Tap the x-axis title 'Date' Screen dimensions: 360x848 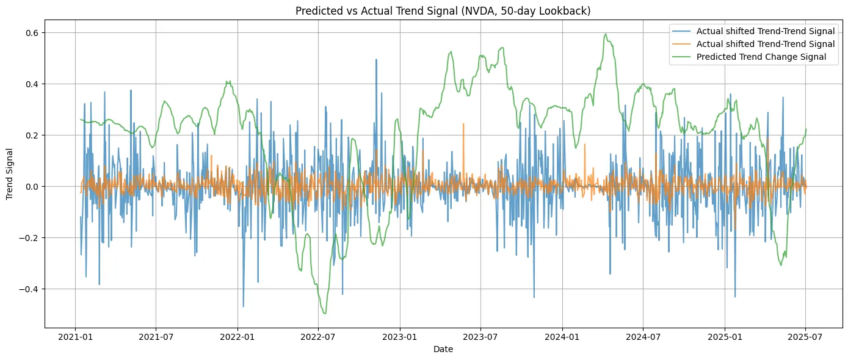point(443,350)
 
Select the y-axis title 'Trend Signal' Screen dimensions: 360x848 point(9,174)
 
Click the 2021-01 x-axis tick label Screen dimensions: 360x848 point(75,336)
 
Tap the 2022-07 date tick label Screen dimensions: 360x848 point(319,336)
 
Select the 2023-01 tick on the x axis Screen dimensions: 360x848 point(400,336)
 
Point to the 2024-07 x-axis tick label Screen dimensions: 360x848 point(643,336)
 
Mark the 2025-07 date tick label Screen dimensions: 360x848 point(805,336)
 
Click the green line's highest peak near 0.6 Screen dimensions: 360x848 point(606,34)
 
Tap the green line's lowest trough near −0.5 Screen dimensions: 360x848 point(325,314)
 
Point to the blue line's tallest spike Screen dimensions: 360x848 point(376,59)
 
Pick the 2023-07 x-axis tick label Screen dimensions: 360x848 point(480,336)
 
